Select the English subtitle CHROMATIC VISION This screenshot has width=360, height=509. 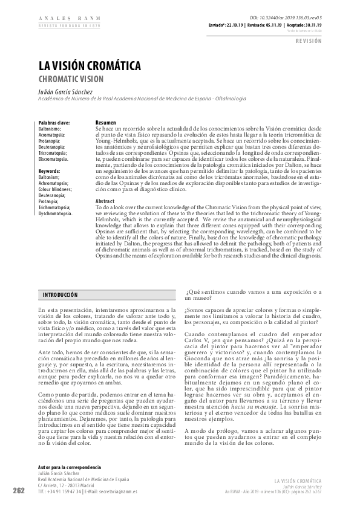(x=72, y=79)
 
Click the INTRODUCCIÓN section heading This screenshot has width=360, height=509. (x=60, y=294)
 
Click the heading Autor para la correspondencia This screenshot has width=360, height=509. (x=70, y=468)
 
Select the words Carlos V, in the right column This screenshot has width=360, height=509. (x=197, y=340)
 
